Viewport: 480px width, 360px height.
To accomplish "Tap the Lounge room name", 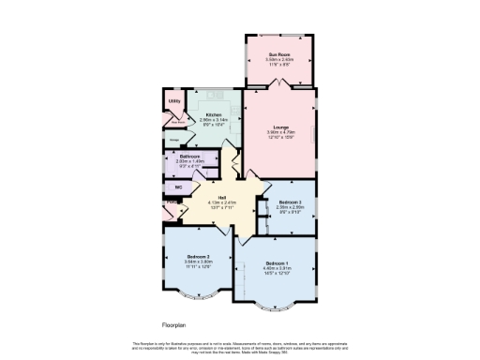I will point(279,127).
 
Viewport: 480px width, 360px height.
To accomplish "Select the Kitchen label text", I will point(214,114).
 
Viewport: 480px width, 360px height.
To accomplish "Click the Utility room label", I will point(173,101).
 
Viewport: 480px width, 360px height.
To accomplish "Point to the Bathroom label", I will point(189,156).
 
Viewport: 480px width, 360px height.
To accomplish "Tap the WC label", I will point(178,187).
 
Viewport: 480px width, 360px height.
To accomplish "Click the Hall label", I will point(222,197).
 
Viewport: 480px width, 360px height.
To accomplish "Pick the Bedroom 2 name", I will point(198,257).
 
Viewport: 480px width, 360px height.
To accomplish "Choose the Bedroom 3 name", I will point(289,202).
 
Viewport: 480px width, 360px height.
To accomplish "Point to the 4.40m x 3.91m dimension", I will point(277,269).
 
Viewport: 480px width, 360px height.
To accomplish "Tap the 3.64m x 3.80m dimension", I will point(198,262).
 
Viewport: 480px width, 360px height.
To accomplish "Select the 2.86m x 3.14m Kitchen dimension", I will point(214,120).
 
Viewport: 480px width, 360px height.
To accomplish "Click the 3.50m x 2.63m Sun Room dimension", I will point(279,60).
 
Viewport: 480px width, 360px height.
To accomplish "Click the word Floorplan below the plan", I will point(174,324).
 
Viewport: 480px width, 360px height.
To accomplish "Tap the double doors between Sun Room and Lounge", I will point(278,86).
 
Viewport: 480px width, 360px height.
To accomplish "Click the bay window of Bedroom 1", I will point(278,307).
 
